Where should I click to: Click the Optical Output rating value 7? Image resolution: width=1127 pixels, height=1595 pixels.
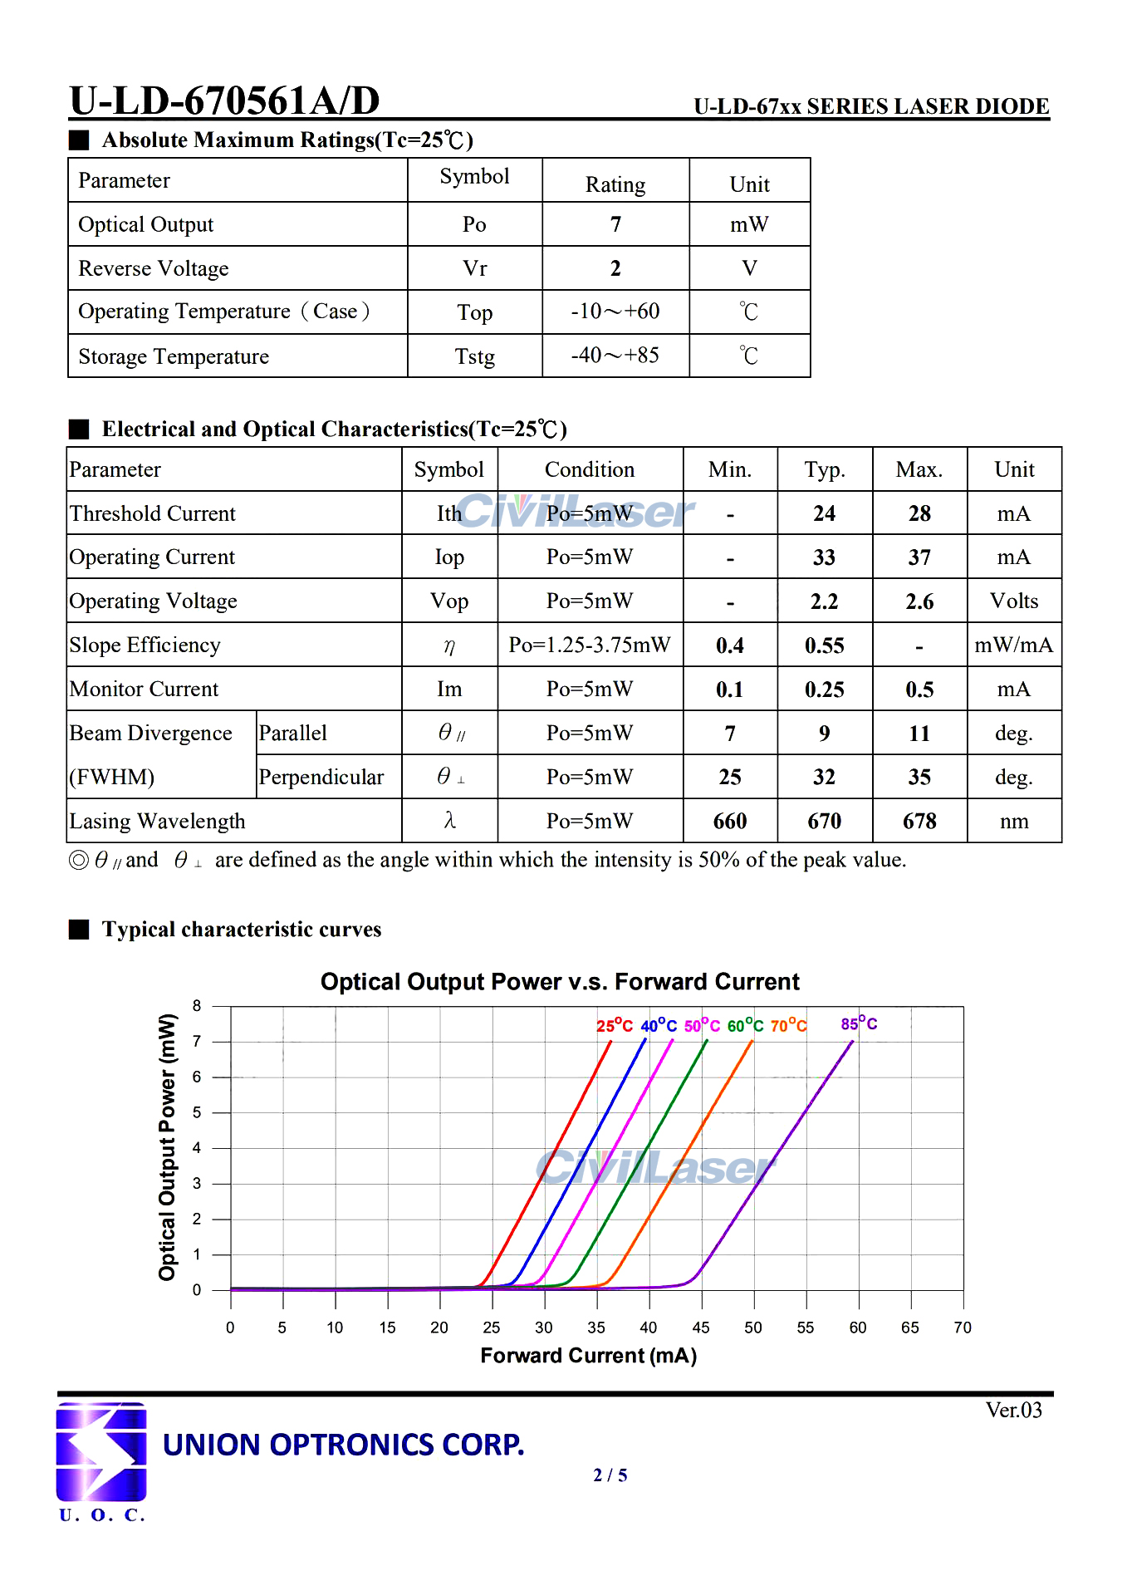pyautogui.click(x=615, y=225)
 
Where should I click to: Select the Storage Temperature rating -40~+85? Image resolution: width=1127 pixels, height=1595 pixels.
pyautogui.click(x=615, y=356)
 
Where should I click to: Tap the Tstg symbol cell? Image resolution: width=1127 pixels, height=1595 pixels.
pyautogui.click(x=474, y=356)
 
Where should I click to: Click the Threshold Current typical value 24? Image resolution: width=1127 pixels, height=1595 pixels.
pyautogui.click(x=824, y=513)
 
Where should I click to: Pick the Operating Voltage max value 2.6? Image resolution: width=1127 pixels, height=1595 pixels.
pyautogui.click(x=919, y=601)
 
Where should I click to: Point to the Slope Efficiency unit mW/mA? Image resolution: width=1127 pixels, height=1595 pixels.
pyautogui.click(x=1013, y=645)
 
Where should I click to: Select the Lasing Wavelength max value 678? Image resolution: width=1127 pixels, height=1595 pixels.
pyautogui.click(x=919, y=822)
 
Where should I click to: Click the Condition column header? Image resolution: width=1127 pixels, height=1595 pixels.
pyautogui.click(x=590, y=470)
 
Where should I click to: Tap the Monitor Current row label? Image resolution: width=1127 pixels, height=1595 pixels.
pyautogui.click(x=145, y=690)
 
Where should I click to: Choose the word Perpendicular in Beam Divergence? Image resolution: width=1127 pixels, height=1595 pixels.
pyautogui.click(x=321, y=778)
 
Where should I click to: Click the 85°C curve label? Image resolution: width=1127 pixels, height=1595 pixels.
pyautogui.click(x=859, y=1023)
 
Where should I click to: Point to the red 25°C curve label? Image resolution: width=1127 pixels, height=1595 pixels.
pyautogui.click(x=615, y=1026)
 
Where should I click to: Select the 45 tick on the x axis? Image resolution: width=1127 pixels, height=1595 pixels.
pyautogui.click(x=701, y=1328)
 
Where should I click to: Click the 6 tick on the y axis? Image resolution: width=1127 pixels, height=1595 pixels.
pyautogui.click(x=197, y=1077)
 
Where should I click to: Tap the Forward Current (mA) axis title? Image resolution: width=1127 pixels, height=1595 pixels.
pyautogui.click(x=588, y=1356)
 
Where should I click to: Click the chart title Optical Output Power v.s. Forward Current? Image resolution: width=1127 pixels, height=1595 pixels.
pyautogui.click(x=560, y=982)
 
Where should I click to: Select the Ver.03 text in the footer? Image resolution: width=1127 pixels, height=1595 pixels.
pyautogui.click(x=1013, y=1410)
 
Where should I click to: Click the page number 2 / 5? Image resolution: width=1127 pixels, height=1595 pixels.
pyautogui.click(x=610, y=1475)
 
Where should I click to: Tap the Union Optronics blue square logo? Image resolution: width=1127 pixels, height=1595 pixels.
pyautogui.click(x=101, y=1451)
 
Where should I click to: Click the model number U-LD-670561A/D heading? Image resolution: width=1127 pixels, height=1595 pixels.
pyautogui.click(x=224, y=101)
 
